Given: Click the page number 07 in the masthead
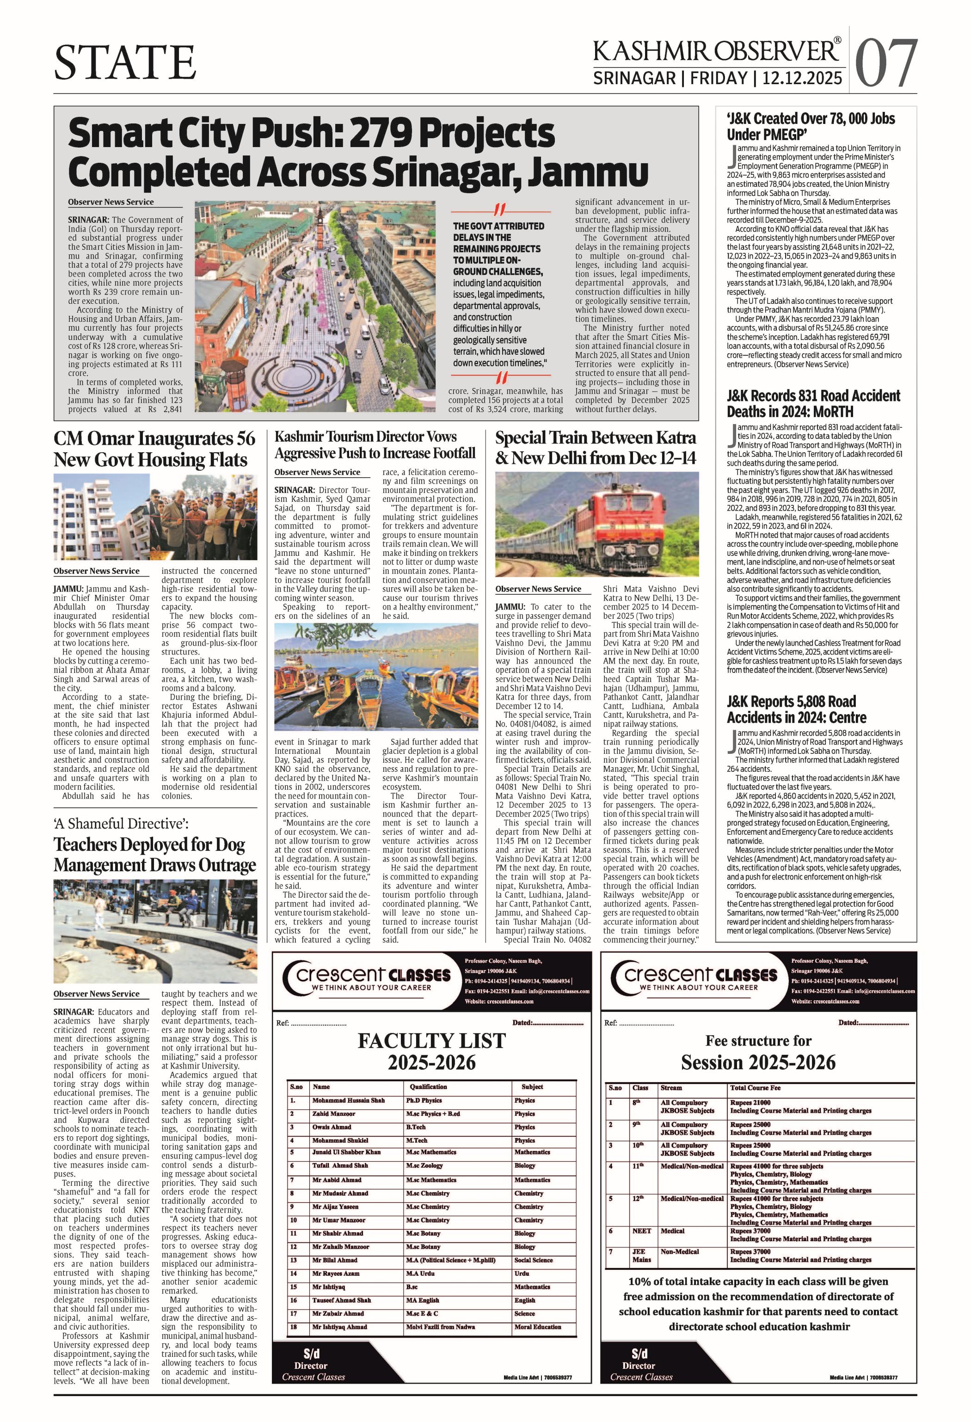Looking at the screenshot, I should [x=885, y=63].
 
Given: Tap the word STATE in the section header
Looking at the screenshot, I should [x=125, y=62].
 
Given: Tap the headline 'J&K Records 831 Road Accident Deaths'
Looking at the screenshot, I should [x=813, y=403].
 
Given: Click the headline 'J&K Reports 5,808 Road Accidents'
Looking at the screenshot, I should [x=797, y=709].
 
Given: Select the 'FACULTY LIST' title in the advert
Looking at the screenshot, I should [x=431, y=1041].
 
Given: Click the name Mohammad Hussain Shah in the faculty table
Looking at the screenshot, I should [x=348, y=1100].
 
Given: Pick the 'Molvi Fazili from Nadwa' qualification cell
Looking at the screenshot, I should [x=440, y=1327].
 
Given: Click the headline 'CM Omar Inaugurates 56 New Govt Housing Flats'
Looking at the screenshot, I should [x=154, y=449].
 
